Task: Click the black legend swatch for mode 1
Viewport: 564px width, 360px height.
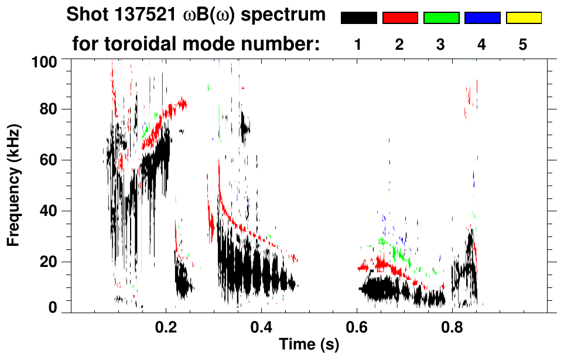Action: (x=359, y=18)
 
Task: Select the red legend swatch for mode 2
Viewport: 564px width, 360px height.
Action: (x=400, y=18)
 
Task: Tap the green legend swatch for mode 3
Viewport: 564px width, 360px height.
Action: (x=441, y=18)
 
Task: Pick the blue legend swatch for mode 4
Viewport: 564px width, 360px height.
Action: (x=482, y=18)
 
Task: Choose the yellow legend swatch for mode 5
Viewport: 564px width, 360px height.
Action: (x=524, y=18)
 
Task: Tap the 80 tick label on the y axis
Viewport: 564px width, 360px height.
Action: (x=49, y=109)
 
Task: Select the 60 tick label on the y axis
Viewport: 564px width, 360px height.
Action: (x=49, y=160)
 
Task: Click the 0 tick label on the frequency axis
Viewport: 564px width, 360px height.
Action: (x=53, y=307)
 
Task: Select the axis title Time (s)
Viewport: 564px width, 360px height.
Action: (x=309, y=345)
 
